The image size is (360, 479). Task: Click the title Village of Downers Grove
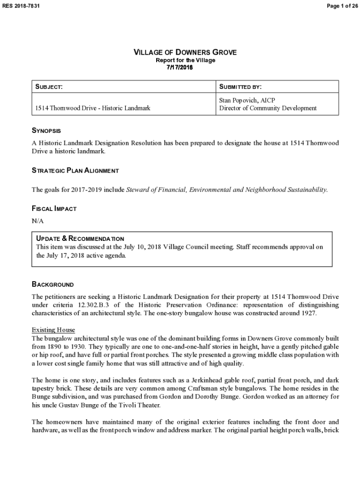pos(185,52)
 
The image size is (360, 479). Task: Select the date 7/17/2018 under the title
pos(180,67)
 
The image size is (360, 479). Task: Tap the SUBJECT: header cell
pos(50,87)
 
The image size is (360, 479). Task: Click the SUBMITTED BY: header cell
pos(240,87)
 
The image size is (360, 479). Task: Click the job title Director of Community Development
pos(268,108)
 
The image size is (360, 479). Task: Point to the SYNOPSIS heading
pos(46,131)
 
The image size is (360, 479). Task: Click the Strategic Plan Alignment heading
pos(75,171)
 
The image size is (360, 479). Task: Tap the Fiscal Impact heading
pos(54,209)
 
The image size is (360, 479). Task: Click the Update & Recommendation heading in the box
pos(80,239)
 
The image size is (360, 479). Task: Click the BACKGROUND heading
pos(52,284)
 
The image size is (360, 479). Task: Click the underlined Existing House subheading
pos(53,330)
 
